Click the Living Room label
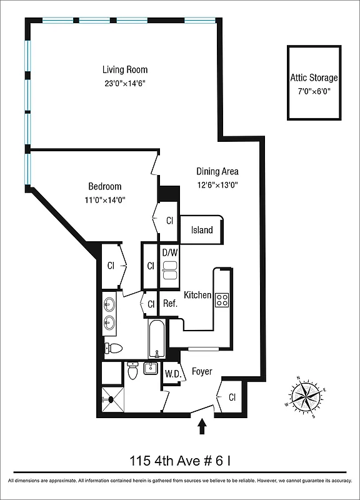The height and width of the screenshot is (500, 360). (125, 70)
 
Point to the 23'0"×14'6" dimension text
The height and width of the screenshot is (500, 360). (125, 83)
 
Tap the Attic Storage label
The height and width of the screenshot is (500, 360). (314, 78)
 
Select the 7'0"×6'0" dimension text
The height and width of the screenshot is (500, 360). (314, 91)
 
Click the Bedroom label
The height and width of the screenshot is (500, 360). (104, 186)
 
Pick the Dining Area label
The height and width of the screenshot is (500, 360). (217, 171)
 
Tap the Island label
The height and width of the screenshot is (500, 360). (202, 230)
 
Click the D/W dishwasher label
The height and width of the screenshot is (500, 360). (170, 252)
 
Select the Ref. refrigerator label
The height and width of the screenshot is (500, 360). (170, 304)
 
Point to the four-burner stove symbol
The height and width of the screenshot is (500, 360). (222, 299)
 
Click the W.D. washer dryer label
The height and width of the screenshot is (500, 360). (172, 374)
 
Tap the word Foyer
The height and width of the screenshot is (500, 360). (202, 372)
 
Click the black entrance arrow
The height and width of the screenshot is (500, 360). (202, 427)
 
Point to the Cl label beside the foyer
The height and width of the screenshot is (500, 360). (232, 397)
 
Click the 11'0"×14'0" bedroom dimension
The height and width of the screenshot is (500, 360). (104, 200)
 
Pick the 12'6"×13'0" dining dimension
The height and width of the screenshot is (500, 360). (217, 185)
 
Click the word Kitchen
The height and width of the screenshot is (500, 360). (197, 295)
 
